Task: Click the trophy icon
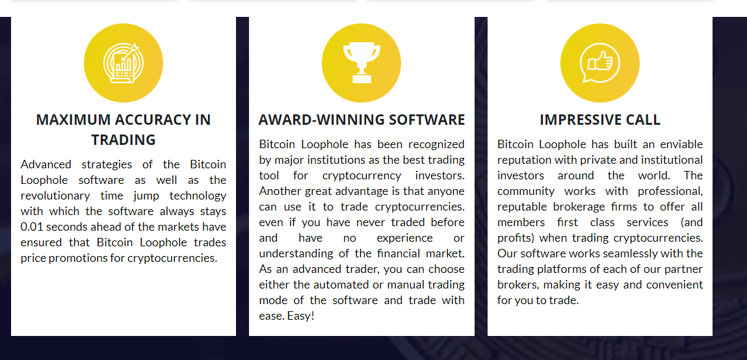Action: tap(361, 63)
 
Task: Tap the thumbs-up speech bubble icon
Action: tap(599, 63)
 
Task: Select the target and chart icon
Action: tap(123, 63)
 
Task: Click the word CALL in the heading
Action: tap(644, 120)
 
